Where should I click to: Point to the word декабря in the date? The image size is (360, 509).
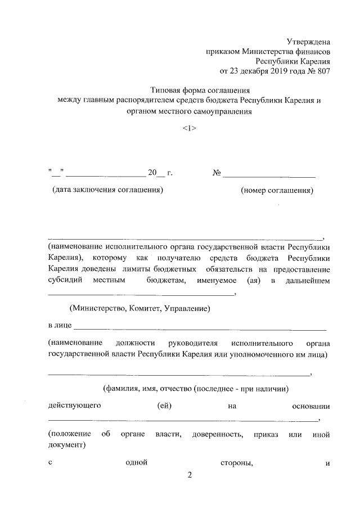[251, 71]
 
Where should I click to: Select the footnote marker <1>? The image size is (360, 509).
[189, 128]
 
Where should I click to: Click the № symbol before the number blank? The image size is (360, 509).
[216, 173]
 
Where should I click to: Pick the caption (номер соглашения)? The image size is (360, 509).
[277, 190]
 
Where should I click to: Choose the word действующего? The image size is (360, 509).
[74, 406]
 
